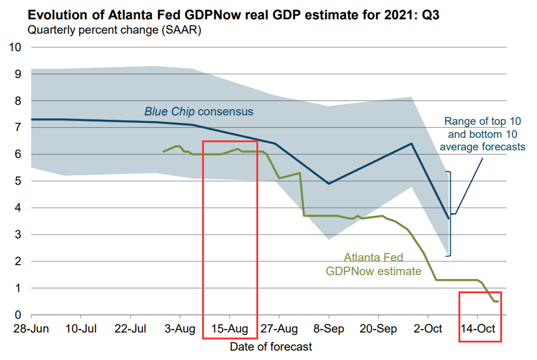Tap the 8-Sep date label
(329, 329)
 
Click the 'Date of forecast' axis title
(271, 346)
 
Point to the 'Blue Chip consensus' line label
(199, 112)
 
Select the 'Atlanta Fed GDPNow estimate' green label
(374, 264)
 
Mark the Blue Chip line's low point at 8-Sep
(329, 183)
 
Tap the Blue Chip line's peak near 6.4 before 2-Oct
(411, 144)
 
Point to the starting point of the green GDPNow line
(163, 152)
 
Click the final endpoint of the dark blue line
(448, 218)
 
